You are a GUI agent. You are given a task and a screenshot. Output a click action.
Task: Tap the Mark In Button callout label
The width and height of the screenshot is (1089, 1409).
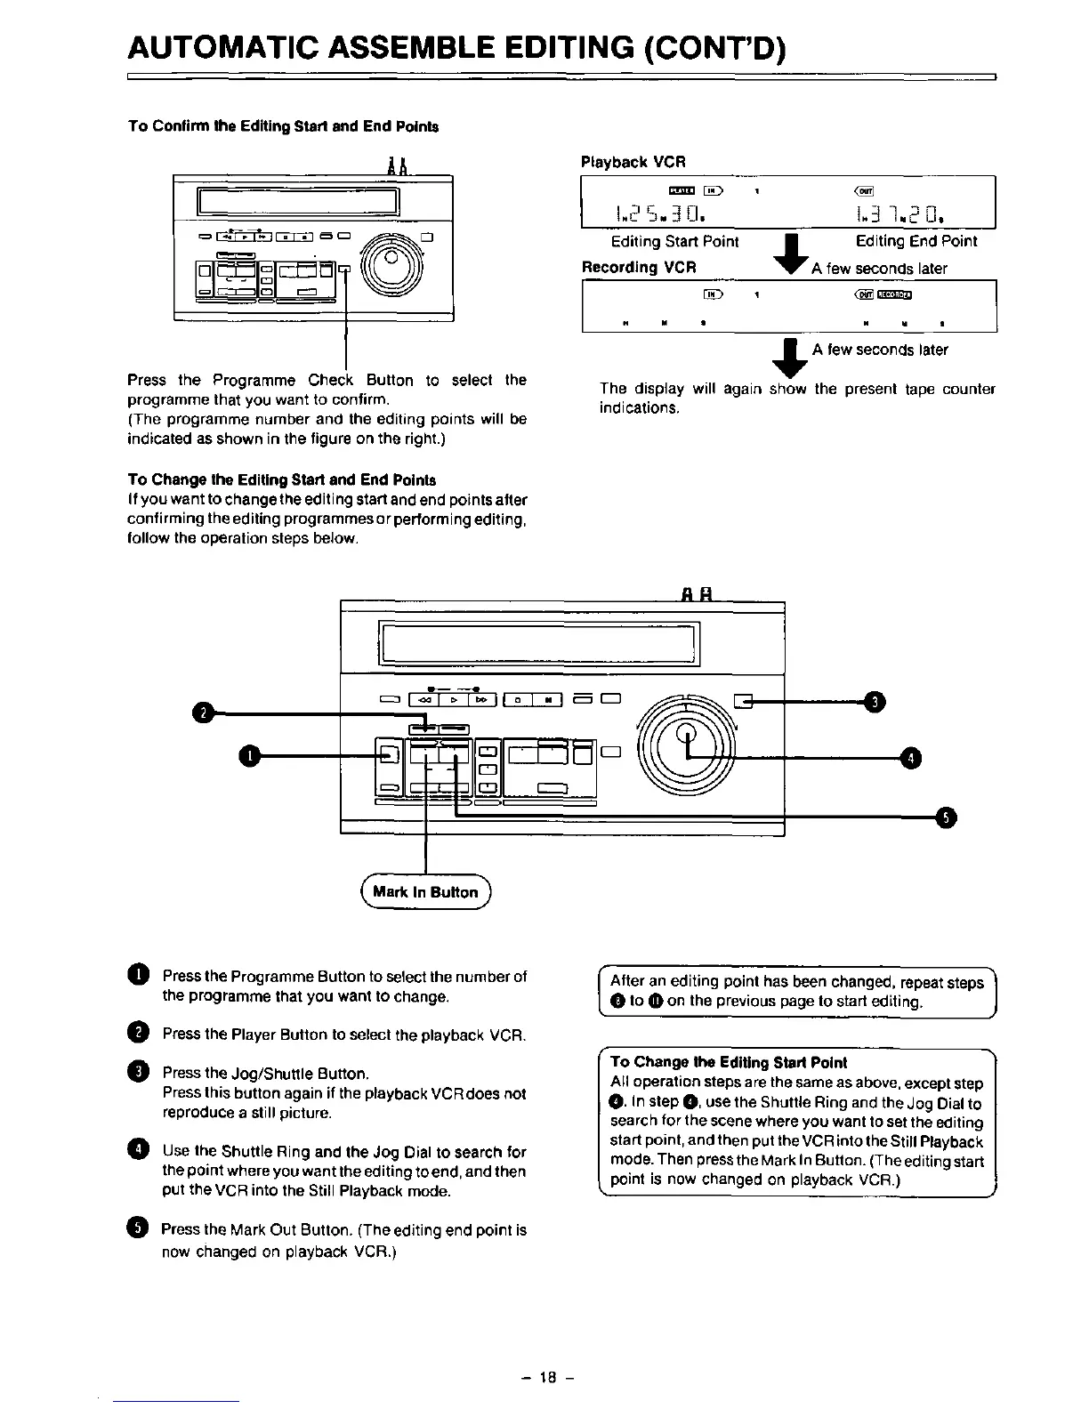click(426, 892)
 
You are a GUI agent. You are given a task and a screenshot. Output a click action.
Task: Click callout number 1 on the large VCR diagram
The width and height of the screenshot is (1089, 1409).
click(252, 755)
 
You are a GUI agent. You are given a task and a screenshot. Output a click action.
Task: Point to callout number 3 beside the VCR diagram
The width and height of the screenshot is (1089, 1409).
click(875, 702)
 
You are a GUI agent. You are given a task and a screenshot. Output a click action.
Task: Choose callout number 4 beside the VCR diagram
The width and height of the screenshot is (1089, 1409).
click(911, 758)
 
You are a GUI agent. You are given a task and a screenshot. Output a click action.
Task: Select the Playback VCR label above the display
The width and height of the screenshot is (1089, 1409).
click(633, 162)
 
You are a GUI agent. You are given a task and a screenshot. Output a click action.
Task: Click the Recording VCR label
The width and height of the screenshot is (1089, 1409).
click(638, 267)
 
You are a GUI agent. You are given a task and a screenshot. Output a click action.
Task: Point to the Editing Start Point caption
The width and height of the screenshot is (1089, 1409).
click(674, 241)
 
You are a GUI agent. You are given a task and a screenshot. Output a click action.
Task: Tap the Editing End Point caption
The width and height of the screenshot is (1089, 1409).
click(916, 241)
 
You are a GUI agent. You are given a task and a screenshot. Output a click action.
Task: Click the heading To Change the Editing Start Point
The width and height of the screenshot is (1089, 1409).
click(729, 1062)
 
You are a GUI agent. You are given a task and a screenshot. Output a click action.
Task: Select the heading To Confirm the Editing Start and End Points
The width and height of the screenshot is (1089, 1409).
click(283, 125)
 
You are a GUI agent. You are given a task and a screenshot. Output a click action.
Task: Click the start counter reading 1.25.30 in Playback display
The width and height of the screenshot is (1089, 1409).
click(660, 213)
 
